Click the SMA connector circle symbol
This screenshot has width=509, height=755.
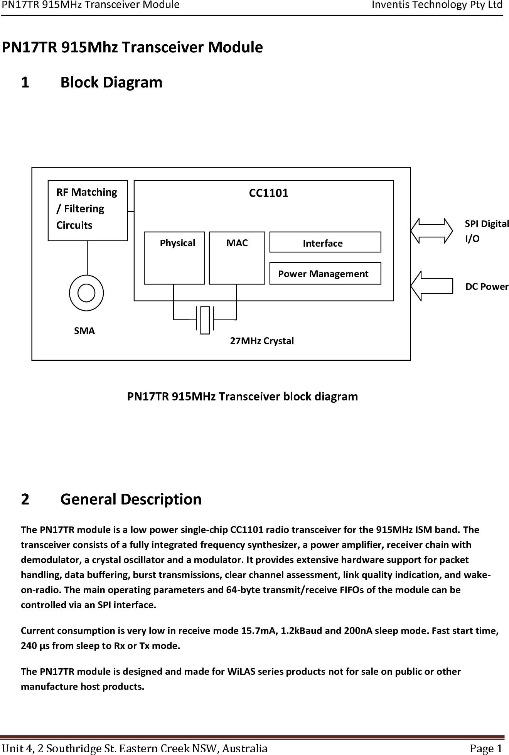(86, 293)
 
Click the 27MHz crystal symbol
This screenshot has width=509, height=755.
(205, 320)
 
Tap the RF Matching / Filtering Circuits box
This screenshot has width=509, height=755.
(88, 210)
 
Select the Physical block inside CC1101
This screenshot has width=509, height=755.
(174, 258)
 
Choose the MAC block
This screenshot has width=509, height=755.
(237, 258)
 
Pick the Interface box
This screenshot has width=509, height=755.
(325, 242)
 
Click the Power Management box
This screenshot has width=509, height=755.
(325, 274)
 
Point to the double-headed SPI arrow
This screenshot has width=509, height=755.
(432, 231)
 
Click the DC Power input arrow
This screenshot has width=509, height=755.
(432, 286)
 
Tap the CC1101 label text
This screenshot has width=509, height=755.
(269, 193)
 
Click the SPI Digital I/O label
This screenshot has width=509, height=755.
(486, 231)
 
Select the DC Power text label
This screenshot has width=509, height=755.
(487, 287)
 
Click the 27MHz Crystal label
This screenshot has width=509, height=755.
(262, 341)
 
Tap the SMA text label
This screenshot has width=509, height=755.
(84, 331)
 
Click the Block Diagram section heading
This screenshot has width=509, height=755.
(111, 82)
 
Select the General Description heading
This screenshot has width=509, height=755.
(131, 499)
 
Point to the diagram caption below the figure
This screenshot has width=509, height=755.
(243, 397)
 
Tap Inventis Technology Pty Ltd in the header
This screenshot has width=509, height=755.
(437, 5)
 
